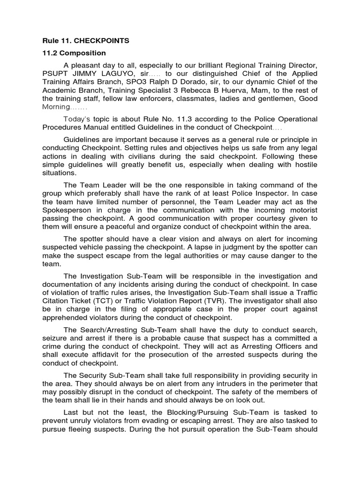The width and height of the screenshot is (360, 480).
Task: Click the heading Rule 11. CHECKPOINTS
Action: point(86,41)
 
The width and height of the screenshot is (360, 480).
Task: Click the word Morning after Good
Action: point(55,107)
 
